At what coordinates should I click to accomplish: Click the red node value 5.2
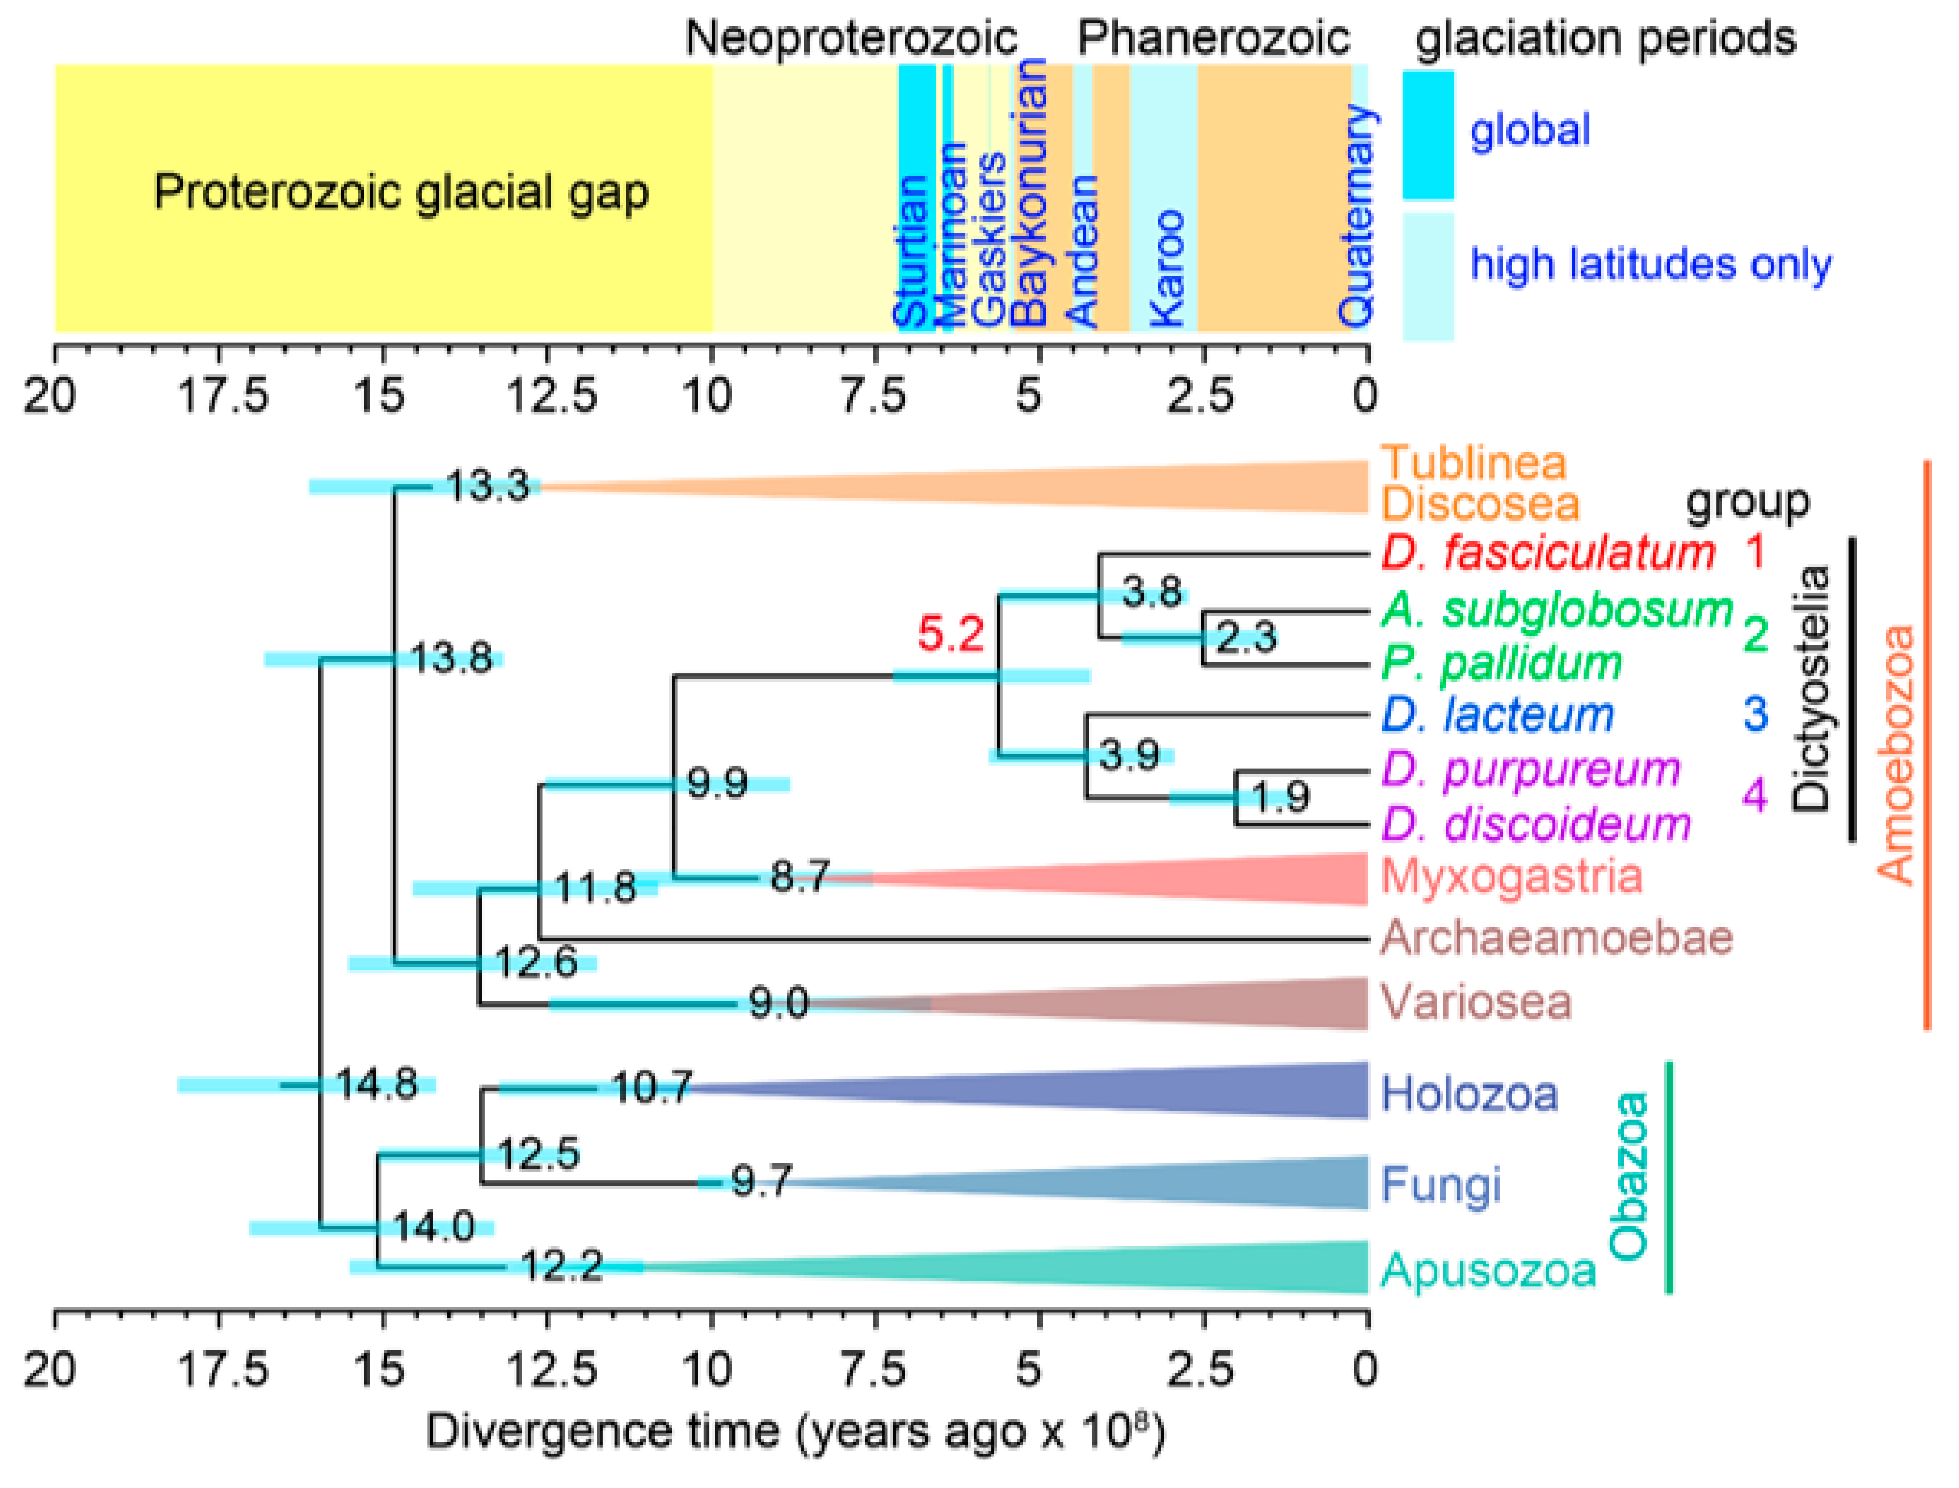coord(950,634)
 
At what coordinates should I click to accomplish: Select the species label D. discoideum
coord(1536,825)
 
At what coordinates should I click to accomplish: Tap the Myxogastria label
coord(1511,877)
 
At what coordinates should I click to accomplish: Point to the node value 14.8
coord(377,1084)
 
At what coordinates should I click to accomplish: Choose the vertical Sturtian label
coord(911,251)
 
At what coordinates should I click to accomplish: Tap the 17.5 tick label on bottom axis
coord(223,1370)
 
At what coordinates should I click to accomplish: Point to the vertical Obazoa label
coord(1628,1176)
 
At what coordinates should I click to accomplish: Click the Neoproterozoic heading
coord(851,38)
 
